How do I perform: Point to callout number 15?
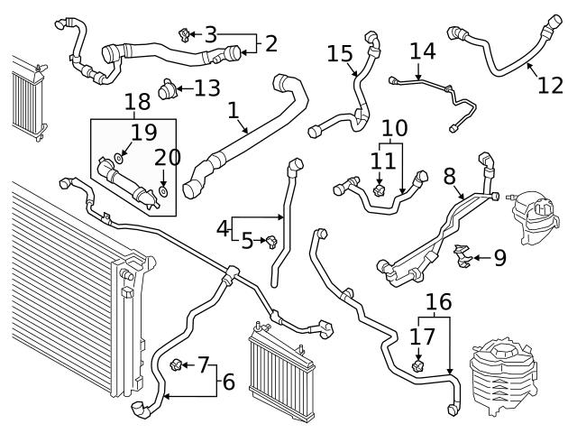[x=340, y=55]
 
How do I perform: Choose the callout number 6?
[x=227, y=382]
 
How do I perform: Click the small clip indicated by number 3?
[x=185, y=35]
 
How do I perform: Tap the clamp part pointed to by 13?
[x=167, y=90]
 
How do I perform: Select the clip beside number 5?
[x=268, y=240]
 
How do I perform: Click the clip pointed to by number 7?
[x=177, y=364]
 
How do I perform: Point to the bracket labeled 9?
[x=463, y=256]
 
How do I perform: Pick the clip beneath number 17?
[x=418, y=365]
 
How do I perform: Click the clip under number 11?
[x=380, y=191]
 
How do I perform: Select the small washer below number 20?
[x=162, y=192]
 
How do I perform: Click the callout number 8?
[x=449, y=175]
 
